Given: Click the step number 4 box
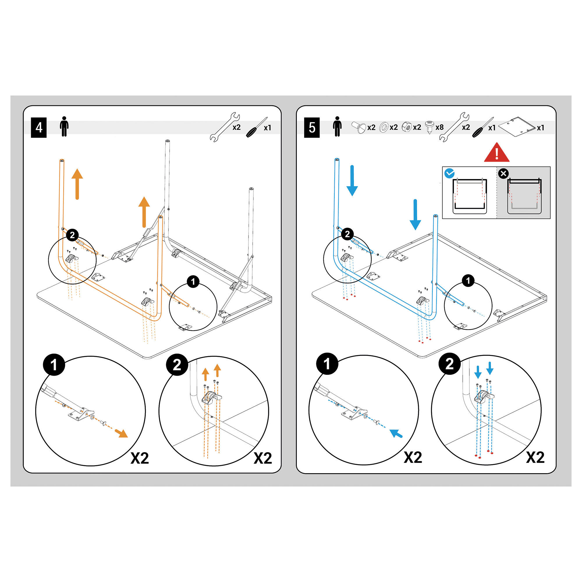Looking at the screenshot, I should coord(39,128).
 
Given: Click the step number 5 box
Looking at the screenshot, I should coord(312,128).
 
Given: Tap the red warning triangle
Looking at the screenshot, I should coord(496,153).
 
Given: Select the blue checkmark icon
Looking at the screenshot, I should coord(450,173).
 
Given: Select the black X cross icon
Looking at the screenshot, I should coord(503,173).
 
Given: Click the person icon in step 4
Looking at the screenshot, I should coord(64,127).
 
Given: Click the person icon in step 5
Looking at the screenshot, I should coord(337,127).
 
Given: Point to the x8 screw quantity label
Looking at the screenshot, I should coord(439,127).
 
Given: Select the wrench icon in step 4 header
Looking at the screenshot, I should coord(225,127).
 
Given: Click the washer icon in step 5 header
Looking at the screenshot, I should coord(384,127).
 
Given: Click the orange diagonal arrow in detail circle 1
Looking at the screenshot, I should coord(122,434).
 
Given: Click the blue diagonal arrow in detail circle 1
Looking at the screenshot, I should coord(396,433).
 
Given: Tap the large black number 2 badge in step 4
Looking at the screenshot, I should coord(177,365).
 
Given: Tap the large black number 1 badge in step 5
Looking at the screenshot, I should coord(327,363).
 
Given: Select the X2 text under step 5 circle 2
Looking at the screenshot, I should coord(535,457).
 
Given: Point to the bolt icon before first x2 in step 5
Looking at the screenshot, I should coord(359,127).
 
